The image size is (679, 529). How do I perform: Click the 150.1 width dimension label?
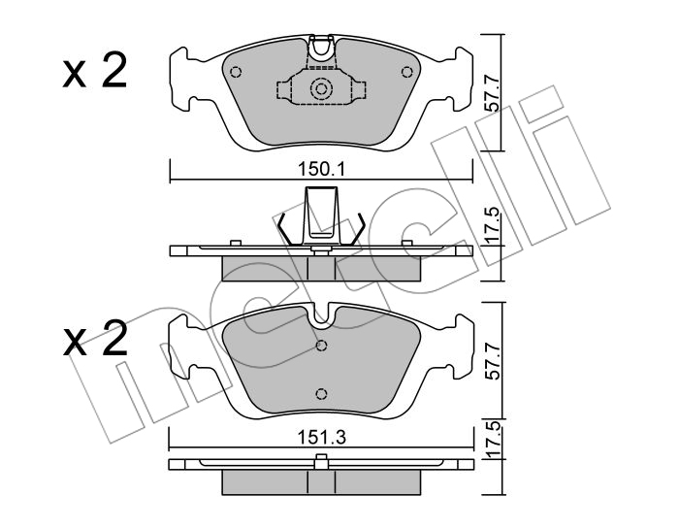coord(321,170)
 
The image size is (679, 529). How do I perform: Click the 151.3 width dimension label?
coord(321,438)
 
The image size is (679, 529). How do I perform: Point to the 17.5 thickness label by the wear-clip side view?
coord(492,225)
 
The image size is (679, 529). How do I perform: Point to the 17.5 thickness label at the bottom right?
coord(492,439)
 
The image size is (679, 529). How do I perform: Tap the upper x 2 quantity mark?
coord(95,72)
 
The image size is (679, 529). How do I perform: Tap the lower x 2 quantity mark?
coord(95,339)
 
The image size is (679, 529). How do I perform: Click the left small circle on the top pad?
coord(236,72)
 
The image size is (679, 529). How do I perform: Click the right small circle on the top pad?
coord(406,72)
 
